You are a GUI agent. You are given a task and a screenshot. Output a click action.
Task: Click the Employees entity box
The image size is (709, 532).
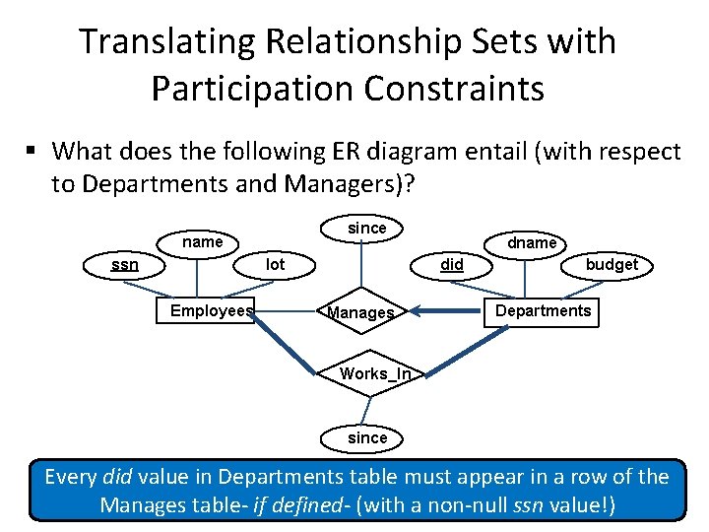coord(211,311)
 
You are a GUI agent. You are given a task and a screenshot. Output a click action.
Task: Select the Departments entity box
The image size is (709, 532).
coord(543,311)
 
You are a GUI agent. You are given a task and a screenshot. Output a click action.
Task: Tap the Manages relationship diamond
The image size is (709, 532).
coord(360,313)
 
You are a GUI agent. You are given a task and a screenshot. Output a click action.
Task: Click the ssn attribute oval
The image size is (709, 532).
coord(125,264)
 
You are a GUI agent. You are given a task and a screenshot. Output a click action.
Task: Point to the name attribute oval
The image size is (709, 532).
coord(203,242)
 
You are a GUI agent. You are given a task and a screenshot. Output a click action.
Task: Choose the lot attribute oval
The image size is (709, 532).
coord(276,264)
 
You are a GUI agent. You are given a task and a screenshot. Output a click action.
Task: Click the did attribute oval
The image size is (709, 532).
coord(452,264)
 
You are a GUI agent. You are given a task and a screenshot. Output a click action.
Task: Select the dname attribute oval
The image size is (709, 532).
coord(531,242)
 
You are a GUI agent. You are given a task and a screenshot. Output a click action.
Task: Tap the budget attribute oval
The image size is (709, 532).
coord(612,264)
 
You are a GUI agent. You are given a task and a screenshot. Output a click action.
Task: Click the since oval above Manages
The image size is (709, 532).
coord(367,228)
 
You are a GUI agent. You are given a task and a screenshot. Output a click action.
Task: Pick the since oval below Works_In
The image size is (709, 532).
coord(367,437)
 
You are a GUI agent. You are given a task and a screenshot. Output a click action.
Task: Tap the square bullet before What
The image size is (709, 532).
coord(32,152)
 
